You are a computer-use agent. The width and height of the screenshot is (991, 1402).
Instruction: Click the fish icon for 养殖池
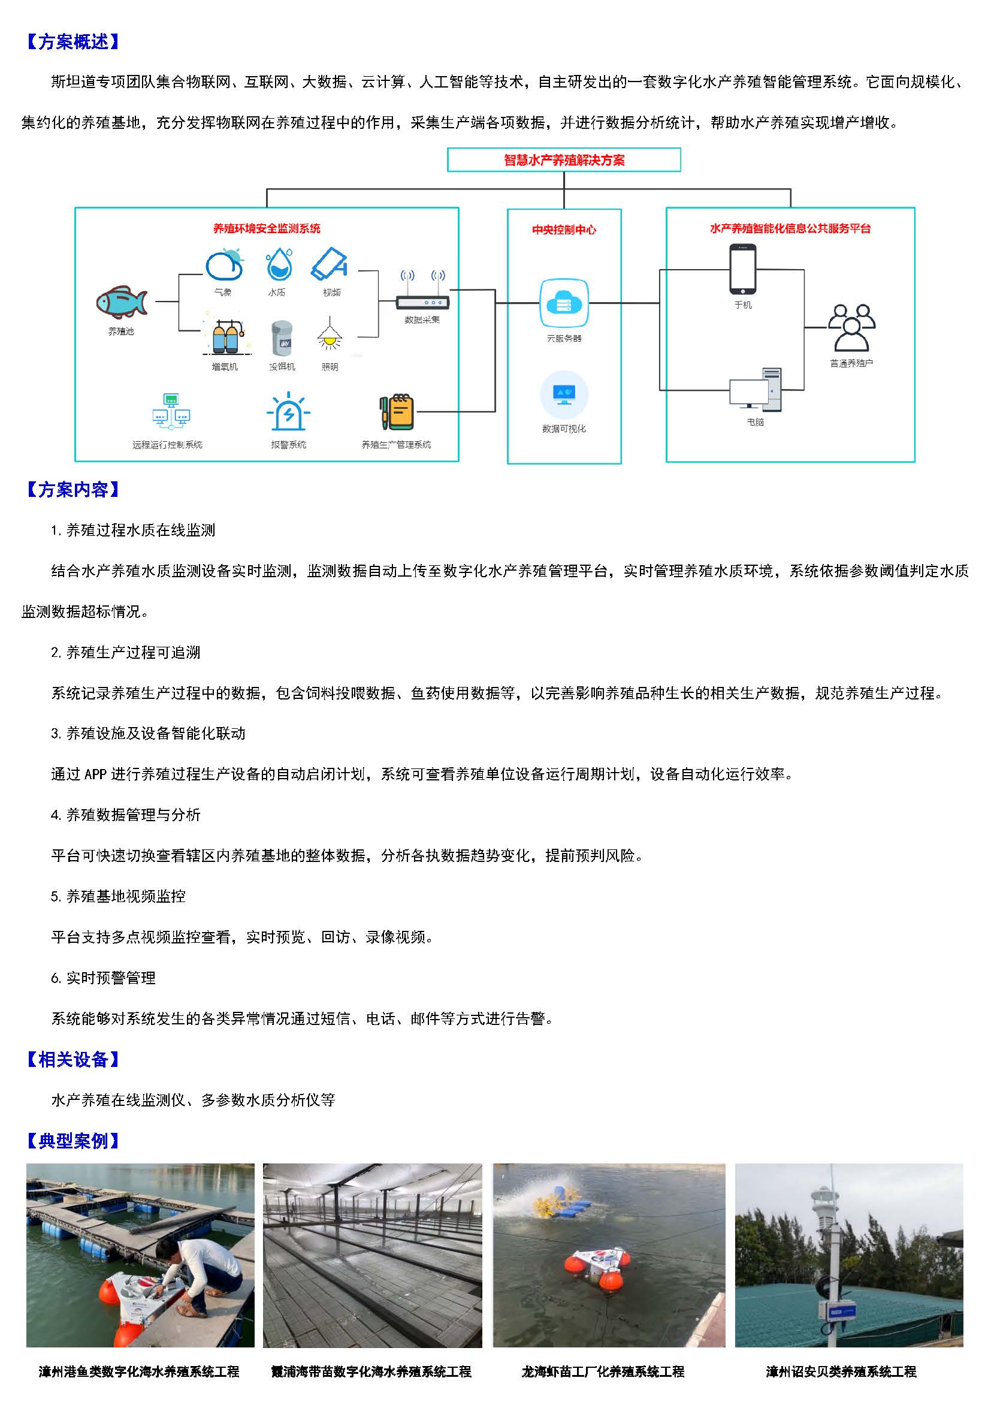coord(122,301)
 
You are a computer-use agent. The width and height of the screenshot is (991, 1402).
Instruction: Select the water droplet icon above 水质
coord(279,264)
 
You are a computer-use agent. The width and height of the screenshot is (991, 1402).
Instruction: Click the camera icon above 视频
coord(330,264)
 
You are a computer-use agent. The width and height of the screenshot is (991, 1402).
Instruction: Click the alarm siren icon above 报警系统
coord(288,413)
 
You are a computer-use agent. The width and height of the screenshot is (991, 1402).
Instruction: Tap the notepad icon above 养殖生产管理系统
coord(397,412)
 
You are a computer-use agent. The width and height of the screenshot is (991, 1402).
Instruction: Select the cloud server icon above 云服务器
coord(564,303)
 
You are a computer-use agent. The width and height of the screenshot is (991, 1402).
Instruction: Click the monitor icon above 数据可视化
coord(564,394)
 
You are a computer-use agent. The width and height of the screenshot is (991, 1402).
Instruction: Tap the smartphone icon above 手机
coord(742,269)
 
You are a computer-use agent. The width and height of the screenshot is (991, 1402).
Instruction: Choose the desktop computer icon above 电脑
coord(756,390)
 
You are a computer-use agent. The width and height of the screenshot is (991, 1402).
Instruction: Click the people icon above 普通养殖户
coord(851,328)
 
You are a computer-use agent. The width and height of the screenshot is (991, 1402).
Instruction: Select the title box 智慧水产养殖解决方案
coord(564,160)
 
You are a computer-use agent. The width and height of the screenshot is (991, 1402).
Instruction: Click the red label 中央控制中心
coord(564,230)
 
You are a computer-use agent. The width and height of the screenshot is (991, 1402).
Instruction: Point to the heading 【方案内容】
coord(72,489)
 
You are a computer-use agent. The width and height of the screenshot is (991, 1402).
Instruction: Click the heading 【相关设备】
coord(72,1059)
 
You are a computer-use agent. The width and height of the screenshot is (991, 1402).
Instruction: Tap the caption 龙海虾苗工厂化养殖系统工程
coord(603,1371)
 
